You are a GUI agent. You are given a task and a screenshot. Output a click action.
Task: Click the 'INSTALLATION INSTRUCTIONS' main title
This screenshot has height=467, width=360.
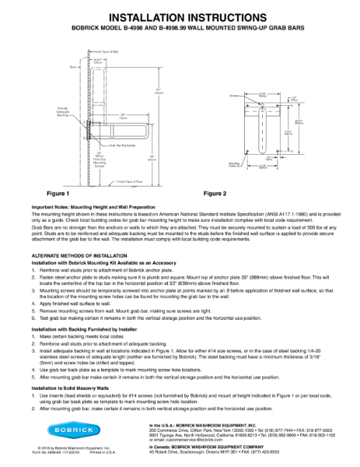click(x=180, y=16)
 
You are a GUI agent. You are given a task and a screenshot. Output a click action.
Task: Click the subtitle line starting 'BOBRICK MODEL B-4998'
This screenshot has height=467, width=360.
click(x=180, y=28)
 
